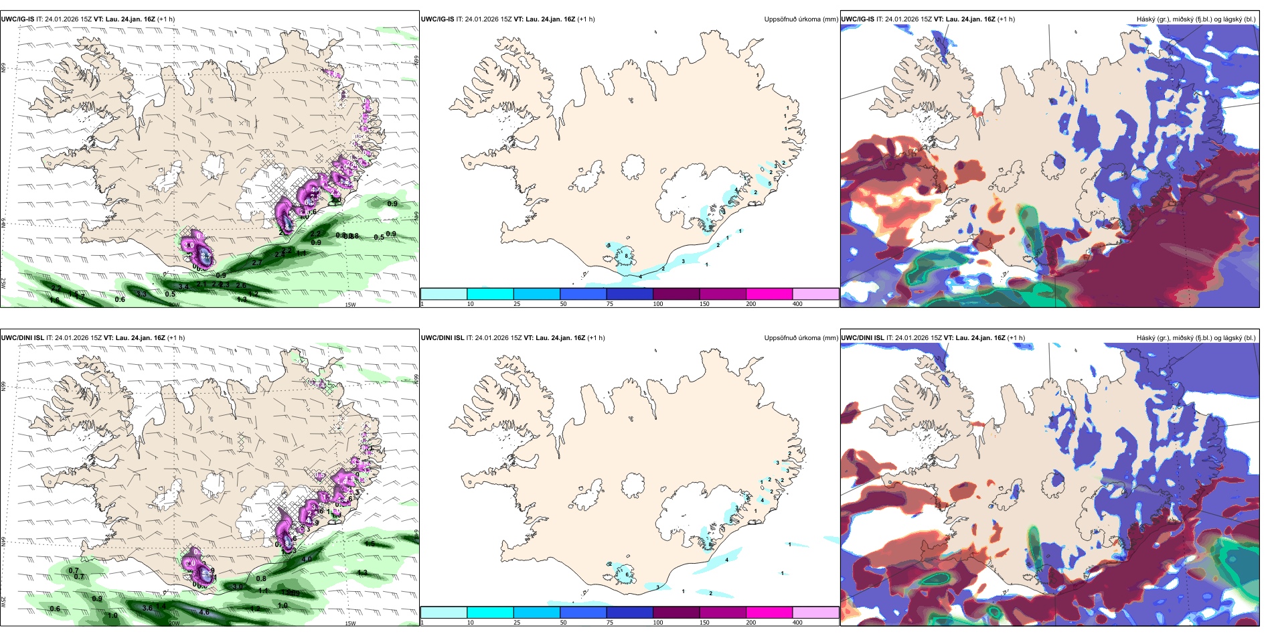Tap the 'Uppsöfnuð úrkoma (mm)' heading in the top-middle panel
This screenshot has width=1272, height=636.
click(x=801, y=19)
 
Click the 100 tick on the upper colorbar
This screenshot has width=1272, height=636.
click(x=658, y=304)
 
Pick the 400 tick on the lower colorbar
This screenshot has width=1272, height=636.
click(x=797, y=623)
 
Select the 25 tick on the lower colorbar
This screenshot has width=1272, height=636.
click(x=517, y=623)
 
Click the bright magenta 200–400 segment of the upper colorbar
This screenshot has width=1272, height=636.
click(x=769, y=294)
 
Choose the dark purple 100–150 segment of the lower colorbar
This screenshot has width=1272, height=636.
click(x=676, y=613)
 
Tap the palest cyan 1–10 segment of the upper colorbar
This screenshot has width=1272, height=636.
click(x=444, y=294)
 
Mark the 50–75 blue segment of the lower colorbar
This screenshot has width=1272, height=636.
click(x=583, y=613)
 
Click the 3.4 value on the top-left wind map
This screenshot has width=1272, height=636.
click(x=183, y=287)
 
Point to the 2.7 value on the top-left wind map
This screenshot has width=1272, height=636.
click(x=257, y=263)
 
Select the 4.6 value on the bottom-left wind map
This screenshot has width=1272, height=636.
click(x=204, y=612)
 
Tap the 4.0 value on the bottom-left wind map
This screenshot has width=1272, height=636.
click(x=307, y=559)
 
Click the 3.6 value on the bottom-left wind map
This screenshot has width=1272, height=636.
click(x=147, y=608)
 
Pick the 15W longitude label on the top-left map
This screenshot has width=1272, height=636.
click(x=349, y=305)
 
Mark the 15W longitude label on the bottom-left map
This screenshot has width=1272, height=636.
click(x=349, y=623)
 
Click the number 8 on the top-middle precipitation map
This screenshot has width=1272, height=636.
click(x=626, y=256)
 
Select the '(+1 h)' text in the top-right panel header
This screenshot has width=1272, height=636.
click(x=1006, y=19)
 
